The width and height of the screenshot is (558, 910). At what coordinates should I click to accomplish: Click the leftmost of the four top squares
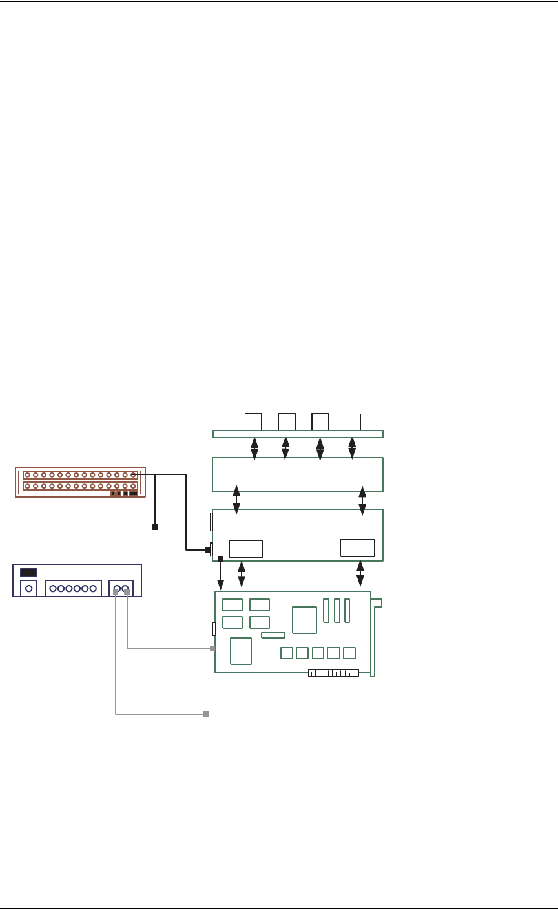pyautogui.click(x=253, y=421)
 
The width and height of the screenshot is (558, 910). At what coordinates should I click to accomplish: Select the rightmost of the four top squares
pyautogui.click(x=352, y=421)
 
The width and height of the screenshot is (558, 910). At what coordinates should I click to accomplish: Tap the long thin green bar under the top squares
pyautogui.click(x=298, y=434)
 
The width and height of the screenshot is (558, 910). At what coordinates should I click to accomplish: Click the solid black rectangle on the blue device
pyautogui.click(x=28, y=572)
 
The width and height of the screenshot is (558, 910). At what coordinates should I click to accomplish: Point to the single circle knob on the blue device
pyautogui.click(x=28, y=588)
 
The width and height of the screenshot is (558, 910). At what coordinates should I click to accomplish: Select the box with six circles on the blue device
pyautogui.click(x=73, y=588)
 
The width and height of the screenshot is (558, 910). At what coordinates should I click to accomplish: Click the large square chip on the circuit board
pyautogui.click(x=304, y=620)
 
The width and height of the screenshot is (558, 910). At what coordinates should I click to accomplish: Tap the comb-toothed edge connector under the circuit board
pyautogui.click(x=333, y=673)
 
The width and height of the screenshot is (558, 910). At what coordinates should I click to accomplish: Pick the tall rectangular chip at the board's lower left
pyautogui.click(x=240, y=651)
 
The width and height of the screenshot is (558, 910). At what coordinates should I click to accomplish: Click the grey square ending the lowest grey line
pyautogui.click(x=206, y=714)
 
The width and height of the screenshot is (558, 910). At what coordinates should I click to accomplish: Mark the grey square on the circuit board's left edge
pyautogui.click(x=212, y=648)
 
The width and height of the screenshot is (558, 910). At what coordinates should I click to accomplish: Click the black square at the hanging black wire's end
pyautogui.click(x=155, y=527)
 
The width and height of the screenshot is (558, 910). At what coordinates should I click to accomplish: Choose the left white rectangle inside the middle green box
pyautogui.click(x=246, y=549)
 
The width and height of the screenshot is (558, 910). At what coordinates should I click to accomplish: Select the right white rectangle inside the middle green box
pyautogui.click(x=357, y=547)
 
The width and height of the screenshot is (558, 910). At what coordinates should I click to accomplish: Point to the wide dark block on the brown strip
pyautogui.click(x=133, y=494)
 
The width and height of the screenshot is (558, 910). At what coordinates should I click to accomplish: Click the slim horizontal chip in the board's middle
pyautogui.click(x=273, y=635)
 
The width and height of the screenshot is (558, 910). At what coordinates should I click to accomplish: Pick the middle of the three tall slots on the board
pyautogui.click(x=336, y=611)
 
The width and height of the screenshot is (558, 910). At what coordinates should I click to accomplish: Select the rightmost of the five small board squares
pyautogui.click(x=349, y=653)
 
